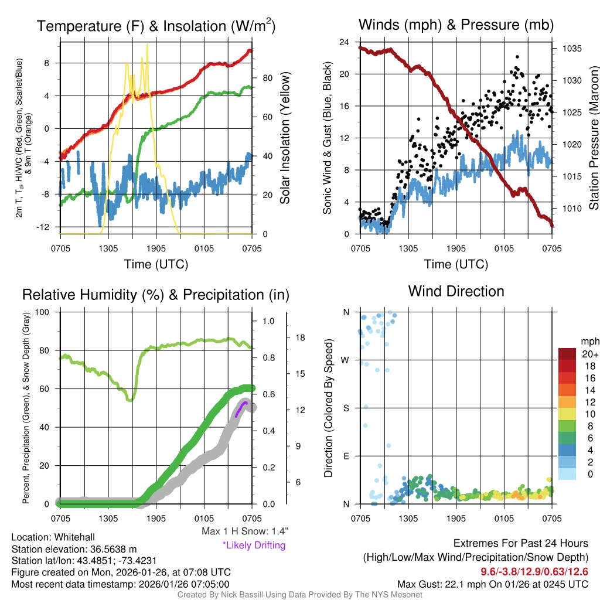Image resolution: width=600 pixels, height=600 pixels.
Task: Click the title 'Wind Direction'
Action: [x=456, y=291]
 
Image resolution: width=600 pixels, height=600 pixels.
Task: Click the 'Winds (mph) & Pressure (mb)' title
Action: [x=456, y=25]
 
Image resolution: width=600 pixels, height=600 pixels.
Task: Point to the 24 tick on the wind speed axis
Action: [x=345, y=42]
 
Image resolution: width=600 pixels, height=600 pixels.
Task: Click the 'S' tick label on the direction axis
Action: [x=346, y=408]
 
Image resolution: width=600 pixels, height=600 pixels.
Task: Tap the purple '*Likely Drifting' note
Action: [x=254, y=546]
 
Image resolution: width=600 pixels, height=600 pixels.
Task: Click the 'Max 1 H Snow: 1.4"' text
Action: [x=244, y=531]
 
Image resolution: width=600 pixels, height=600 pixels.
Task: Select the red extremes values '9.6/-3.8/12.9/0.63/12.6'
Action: [x=534, y=572]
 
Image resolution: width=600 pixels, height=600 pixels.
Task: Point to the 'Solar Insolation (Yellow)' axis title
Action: [x=285, y=138]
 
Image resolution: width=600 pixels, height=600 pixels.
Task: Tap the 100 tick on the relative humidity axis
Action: [x=43, y=312]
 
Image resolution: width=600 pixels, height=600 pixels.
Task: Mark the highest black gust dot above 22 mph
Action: [x=517, y=57]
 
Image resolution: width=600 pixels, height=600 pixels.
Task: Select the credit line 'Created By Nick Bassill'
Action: [x=300, y=595]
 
